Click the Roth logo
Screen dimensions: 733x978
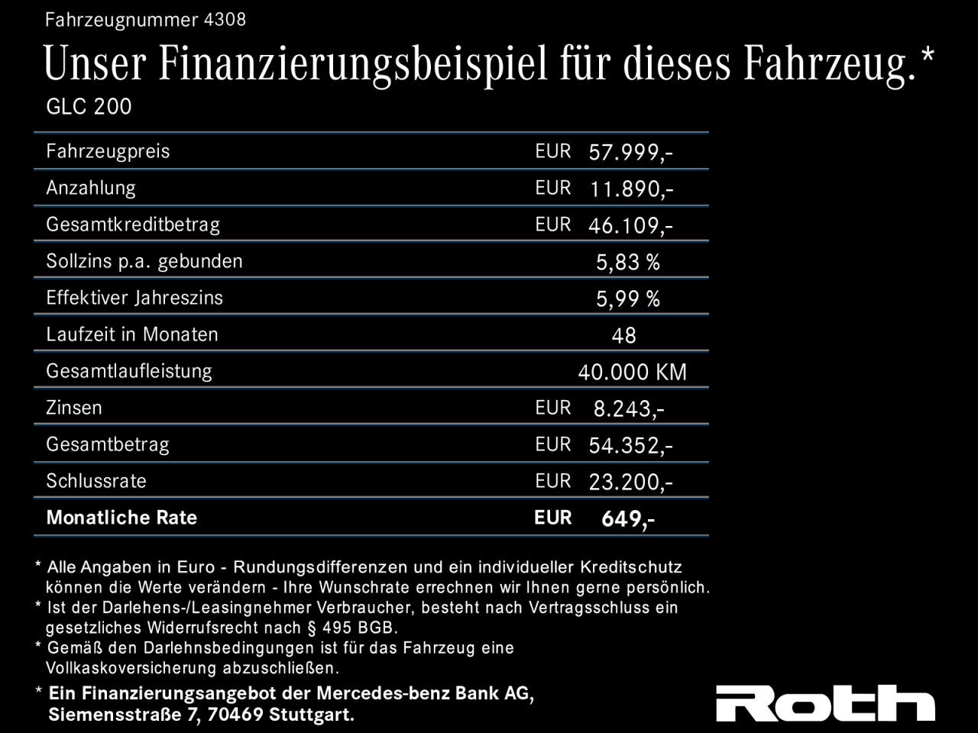tap(824, 702)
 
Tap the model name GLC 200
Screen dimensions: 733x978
tap(89, 107)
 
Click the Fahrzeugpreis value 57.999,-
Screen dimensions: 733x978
tap(630, 153)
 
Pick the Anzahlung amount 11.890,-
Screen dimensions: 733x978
tap(631, 189)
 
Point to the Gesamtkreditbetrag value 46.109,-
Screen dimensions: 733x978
tap(630, 226)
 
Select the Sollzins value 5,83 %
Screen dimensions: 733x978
tap(627, 263)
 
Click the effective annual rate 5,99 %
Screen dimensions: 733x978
tap(627, 299)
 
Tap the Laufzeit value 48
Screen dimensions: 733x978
tap(623, 336)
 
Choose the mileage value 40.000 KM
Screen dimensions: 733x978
tap(632, 373)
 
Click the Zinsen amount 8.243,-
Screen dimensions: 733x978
tap(629, 409)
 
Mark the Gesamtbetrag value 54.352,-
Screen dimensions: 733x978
tap(630, 446)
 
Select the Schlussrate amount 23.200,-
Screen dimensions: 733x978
tap(630, 483)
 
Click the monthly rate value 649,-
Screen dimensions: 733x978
tap(627, 519)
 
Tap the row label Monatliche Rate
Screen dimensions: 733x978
tap(121, 518)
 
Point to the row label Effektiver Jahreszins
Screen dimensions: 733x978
tap(134, 298)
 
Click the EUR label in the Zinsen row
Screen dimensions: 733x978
tap(553, 408)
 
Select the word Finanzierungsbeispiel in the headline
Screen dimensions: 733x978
tap(354, 64)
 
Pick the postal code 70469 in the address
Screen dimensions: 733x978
tap(238, 715)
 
